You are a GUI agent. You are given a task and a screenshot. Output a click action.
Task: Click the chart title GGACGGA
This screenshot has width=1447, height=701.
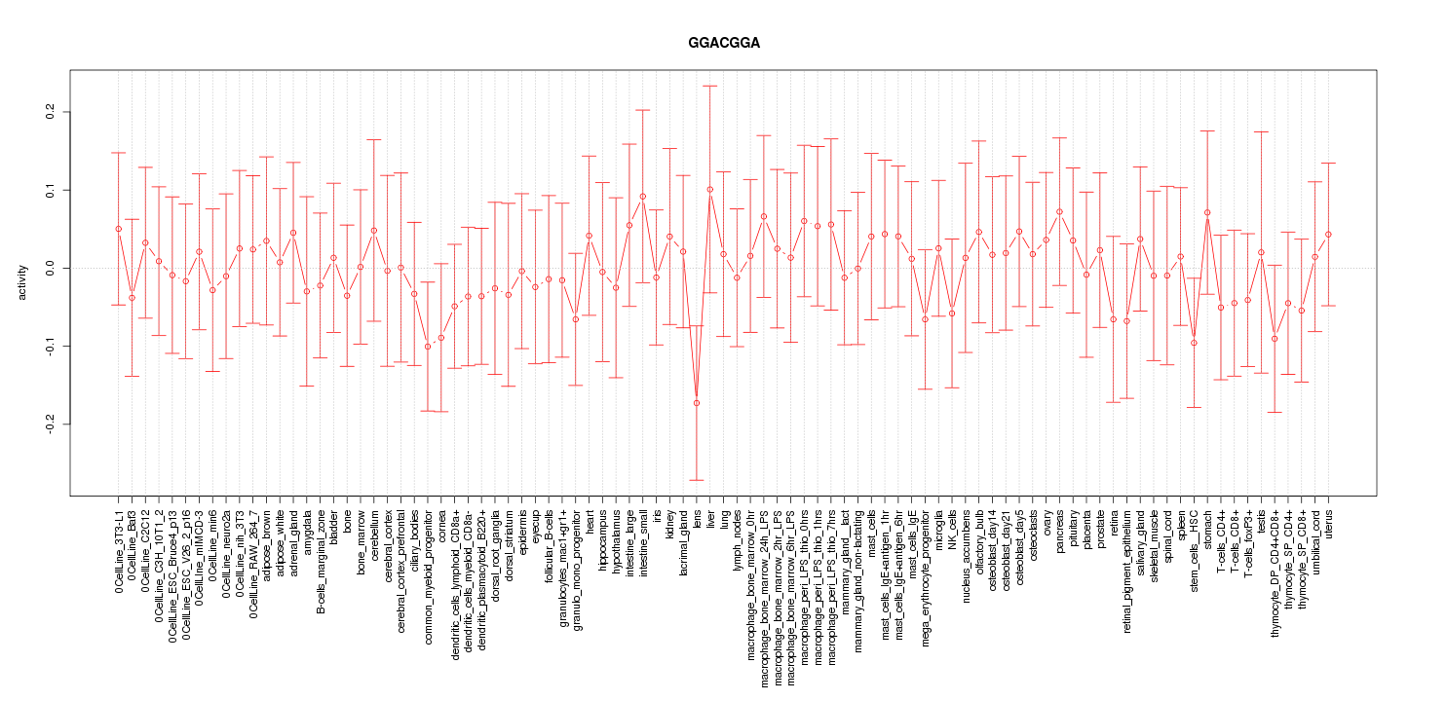723,44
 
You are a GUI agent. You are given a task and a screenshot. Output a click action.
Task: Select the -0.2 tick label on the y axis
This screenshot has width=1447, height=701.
51,424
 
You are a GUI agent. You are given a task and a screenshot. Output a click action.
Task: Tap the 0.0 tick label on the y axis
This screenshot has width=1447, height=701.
51,268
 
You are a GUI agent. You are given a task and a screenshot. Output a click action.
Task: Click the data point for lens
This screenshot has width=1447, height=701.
697,403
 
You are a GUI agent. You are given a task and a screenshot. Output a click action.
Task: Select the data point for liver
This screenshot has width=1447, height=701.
710,189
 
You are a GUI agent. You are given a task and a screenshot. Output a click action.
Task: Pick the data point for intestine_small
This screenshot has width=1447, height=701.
643,196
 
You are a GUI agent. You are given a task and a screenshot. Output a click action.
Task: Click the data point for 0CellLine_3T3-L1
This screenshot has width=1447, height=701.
119,229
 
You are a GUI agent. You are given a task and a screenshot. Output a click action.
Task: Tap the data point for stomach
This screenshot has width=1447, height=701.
1207,212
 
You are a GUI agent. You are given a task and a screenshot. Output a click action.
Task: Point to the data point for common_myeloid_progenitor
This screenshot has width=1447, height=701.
428,347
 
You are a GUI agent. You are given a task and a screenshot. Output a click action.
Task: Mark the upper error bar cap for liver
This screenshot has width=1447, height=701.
710,86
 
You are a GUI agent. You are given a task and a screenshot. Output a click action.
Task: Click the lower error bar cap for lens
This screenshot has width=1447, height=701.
697,480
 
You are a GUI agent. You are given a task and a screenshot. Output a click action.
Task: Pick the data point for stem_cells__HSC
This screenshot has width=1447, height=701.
1194,343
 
